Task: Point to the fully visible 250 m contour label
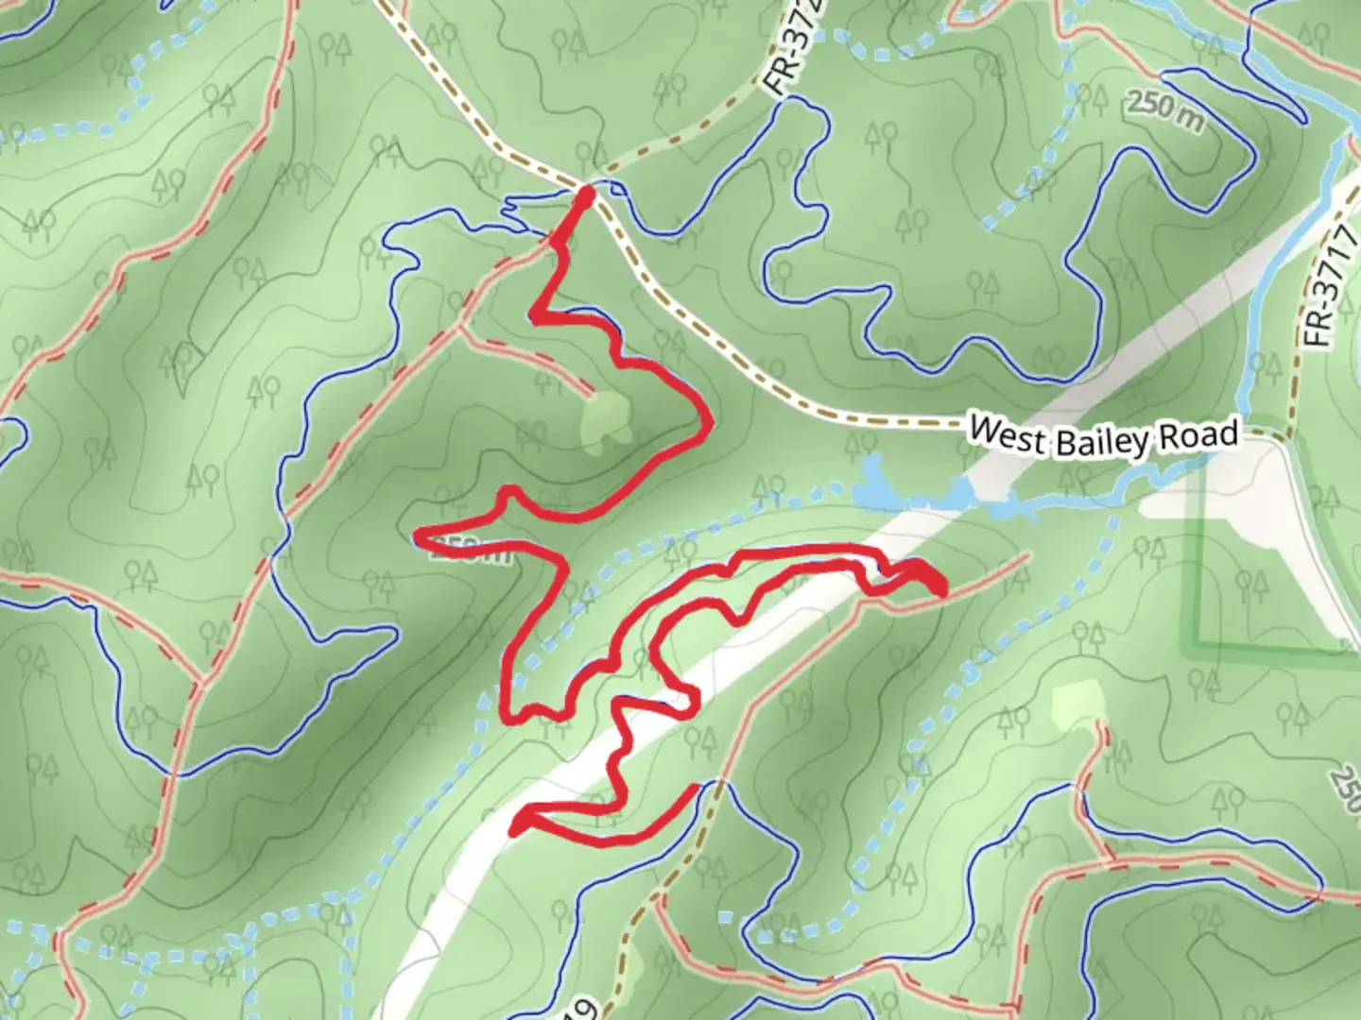(x=1164, y=108)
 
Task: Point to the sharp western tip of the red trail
(x=419, y=536)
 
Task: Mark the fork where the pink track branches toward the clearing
(x=460, y=329)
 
